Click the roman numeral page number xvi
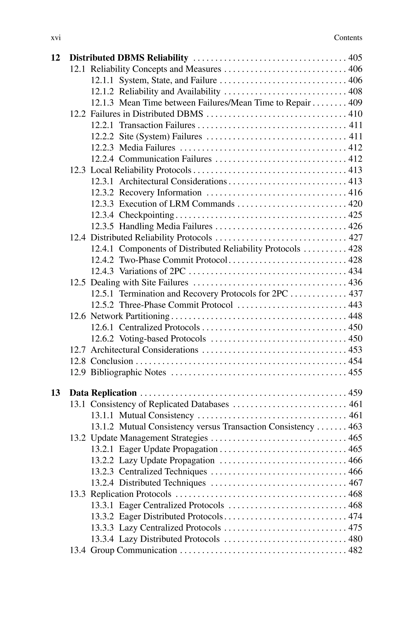click(x=56, y=38)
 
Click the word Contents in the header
click(x=348, y=38)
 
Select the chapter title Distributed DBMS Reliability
click(x=129, y=58)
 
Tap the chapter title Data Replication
click(x=103, y=393)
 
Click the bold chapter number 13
click(x=55, y=393)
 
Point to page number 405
click(x=355, y=58)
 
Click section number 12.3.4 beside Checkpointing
click(x=102, y=215)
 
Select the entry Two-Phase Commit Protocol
click(x=173, y=260)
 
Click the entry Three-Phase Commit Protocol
click(x=176, y=305)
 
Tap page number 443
click(x=355, y=305)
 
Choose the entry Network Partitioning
click(x=130, y=316)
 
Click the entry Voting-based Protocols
click(x=162, y=339)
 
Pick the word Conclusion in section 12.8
click(x=112, y=361)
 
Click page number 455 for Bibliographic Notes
click(x=355, y=373)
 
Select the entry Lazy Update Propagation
click(x=167, y=460)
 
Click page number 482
click(x=355, y=550)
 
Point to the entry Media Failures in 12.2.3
click(x=147, y=148)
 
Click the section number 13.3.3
click(x=102, y=528)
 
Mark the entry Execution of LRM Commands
click(x=177, y=204)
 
